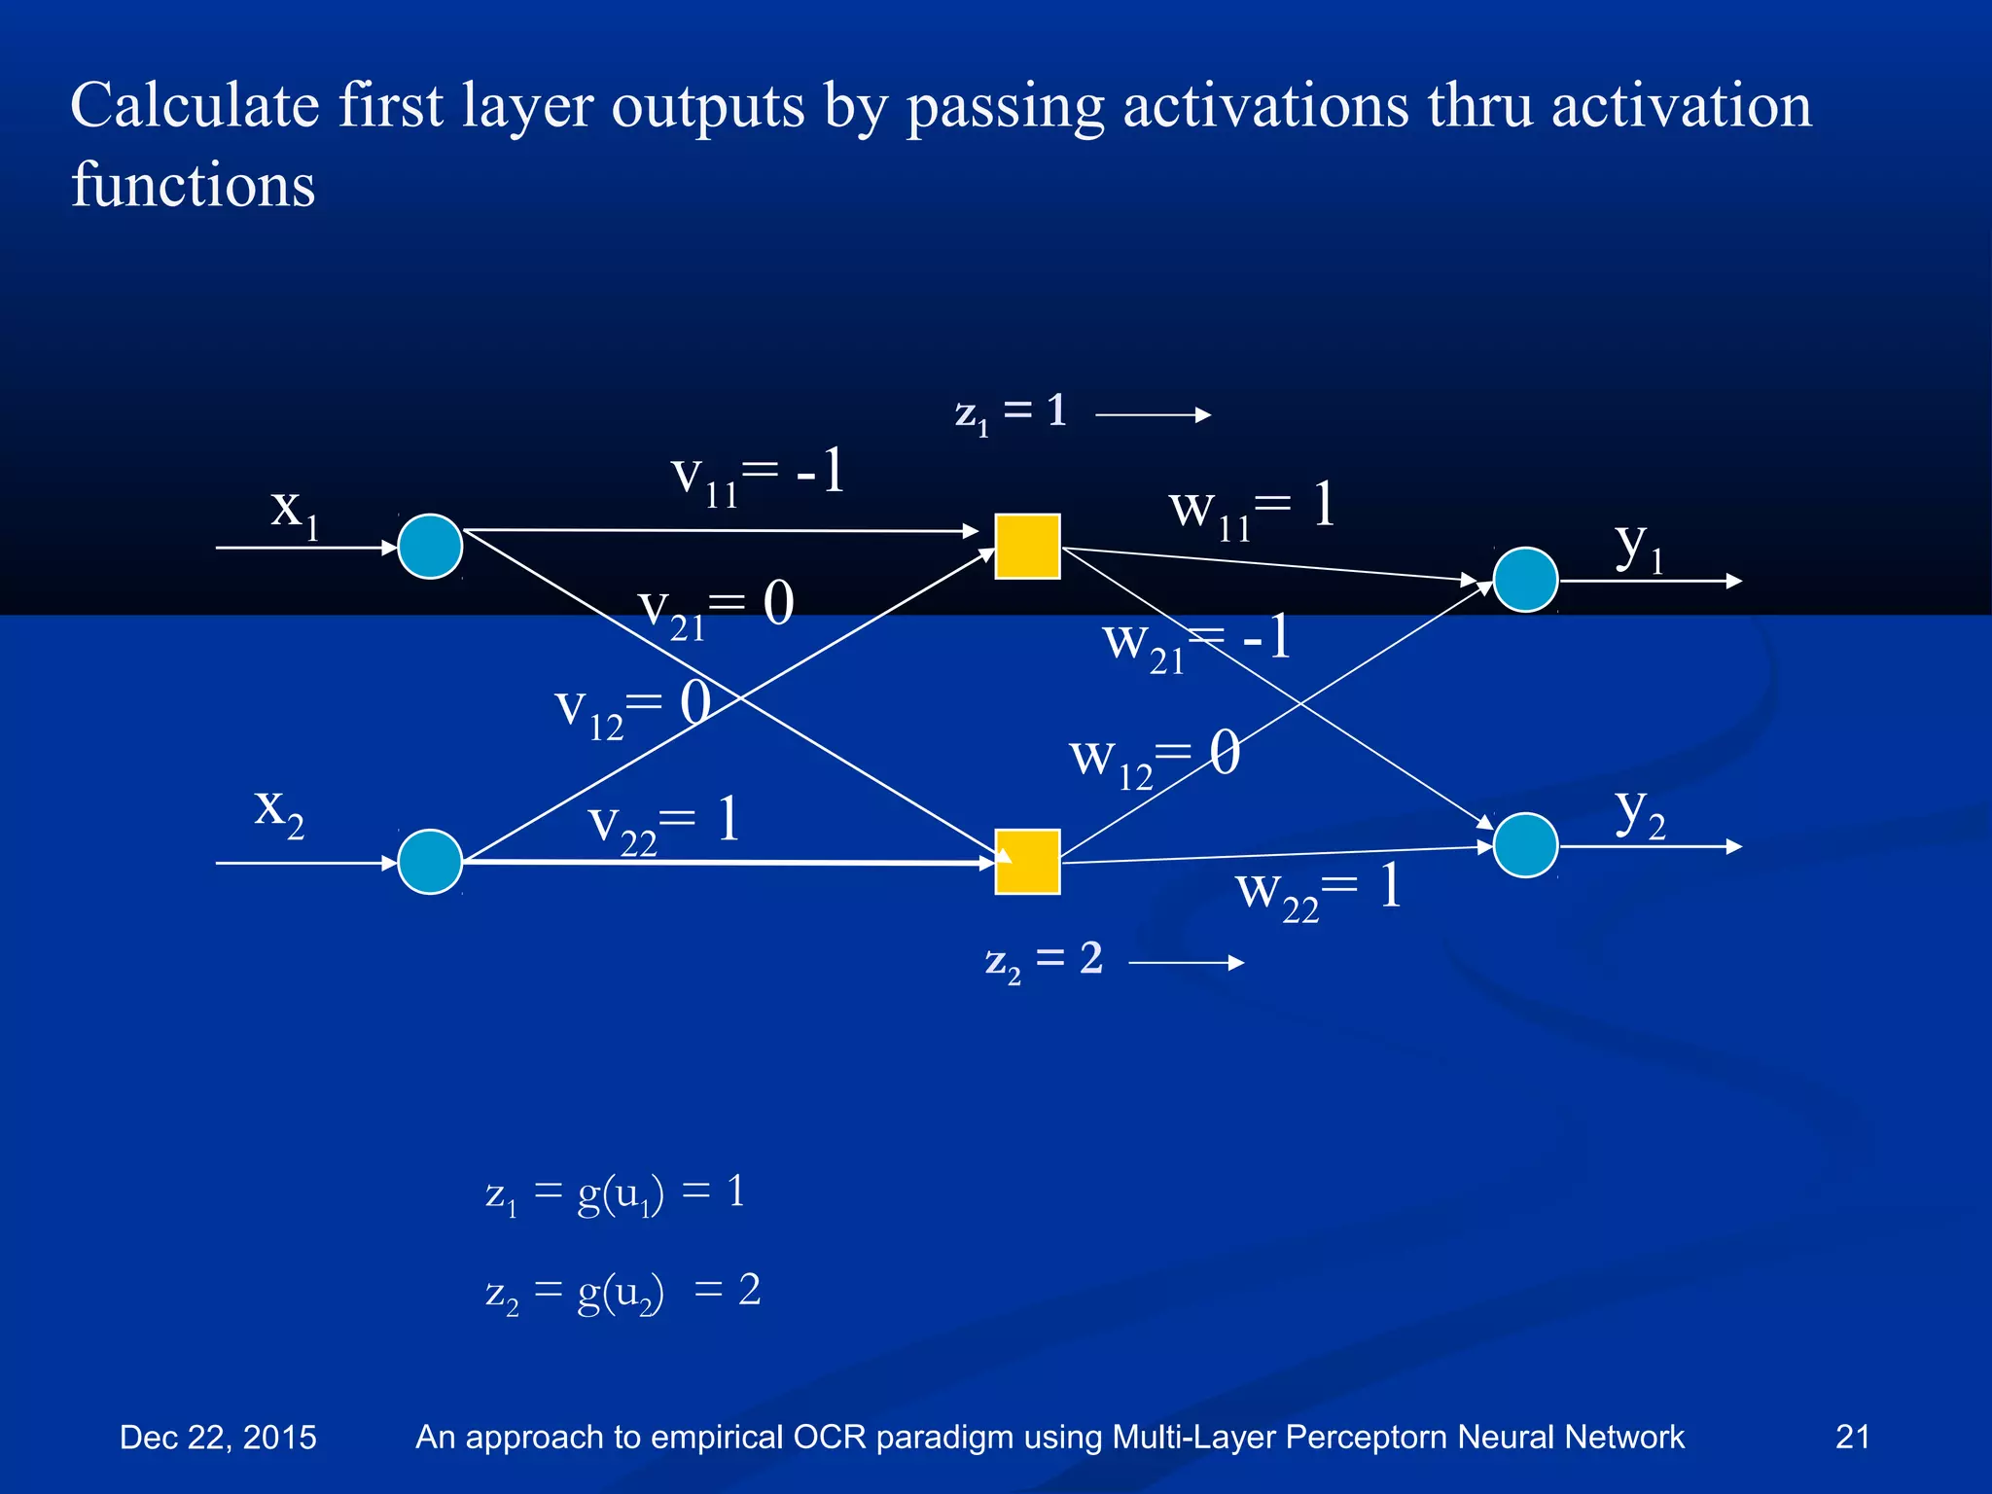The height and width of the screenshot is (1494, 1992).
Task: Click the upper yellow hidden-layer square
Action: [1027, 547]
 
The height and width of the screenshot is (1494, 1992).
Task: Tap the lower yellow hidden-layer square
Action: [1027, 862]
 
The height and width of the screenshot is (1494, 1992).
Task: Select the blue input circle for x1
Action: [430, 547]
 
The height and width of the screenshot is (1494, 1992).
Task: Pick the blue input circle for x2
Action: [430, 862]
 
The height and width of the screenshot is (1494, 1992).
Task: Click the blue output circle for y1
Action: [1525, 580]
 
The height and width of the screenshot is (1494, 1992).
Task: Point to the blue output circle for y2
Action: [1525, 845]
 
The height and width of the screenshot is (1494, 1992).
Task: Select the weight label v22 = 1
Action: [665, 825]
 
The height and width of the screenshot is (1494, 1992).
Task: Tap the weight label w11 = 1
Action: [1253, 510]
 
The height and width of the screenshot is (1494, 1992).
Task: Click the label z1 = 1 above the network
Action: [1012, 412]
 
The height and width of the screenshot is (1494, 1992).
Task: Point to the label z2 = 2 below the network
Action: [1044, 961]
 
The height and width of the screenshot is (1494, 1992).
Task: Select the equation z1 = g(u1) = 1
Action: [616, 1193]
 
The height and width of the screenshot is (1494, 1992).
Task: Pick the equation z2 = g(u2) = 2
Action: [622, 1293]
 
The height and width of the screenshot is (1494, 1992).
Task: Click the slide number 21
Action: [1852, 1437]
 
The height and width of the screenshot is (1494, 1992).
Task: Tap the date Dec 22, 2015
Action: [218, 1437]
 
